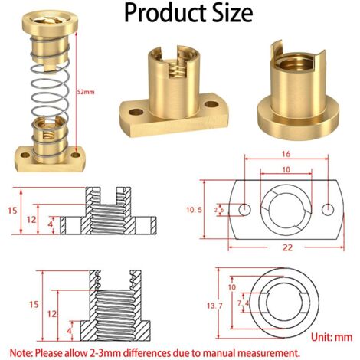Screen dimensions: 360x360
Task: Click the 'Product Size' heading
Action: tap(188, 13)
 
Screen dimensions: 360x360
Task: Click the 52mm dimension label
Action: tap(86, 92)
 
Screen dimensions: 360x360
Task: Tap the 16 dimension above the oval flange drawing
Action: tap(286, 154)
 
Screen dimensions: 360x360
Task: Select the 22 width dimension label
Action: tap(287, 247)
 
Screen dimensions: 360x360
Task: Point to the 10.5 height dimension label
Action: tap(194, 210)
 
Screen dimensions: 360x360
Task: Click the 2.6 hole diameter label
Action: tap(219, 210)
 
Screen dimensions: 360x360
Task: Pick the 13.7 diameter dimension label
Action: tap(214, 306)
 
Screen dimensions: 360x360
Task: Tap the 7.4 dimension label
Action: tap(243, 303)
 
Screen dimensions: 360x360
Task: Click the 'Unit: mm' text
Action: tap(332, 337)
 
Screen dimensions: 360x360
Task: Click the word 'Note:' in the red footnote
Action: tap(21, 353)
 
